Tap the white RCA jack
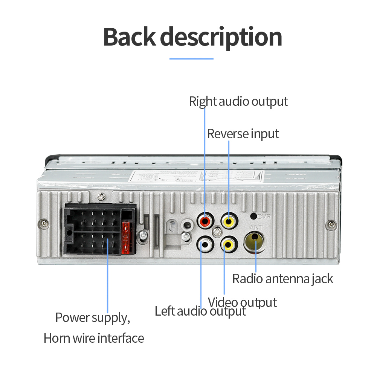(x=205, y=245)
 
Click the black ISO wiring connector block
(x=99, y=230)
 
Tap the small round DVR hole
(x=254, y=217)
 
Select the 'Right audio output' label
(x=238, y=101)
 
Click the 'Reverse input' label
(x=243, y=134)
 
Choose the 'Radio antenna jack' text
(x=282, y=279)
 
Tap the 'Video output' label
(x=243, y=302)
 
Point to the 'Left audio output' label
(x=200, y=311)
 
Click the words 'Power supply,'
(x=93, y=317)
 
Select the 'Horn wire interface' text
(x=94, y=338)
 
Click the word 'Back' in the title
(x=129, y=37)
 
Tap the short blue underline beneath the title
(x=191, y=59)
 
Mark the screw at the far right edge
(x=331, y=224)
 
